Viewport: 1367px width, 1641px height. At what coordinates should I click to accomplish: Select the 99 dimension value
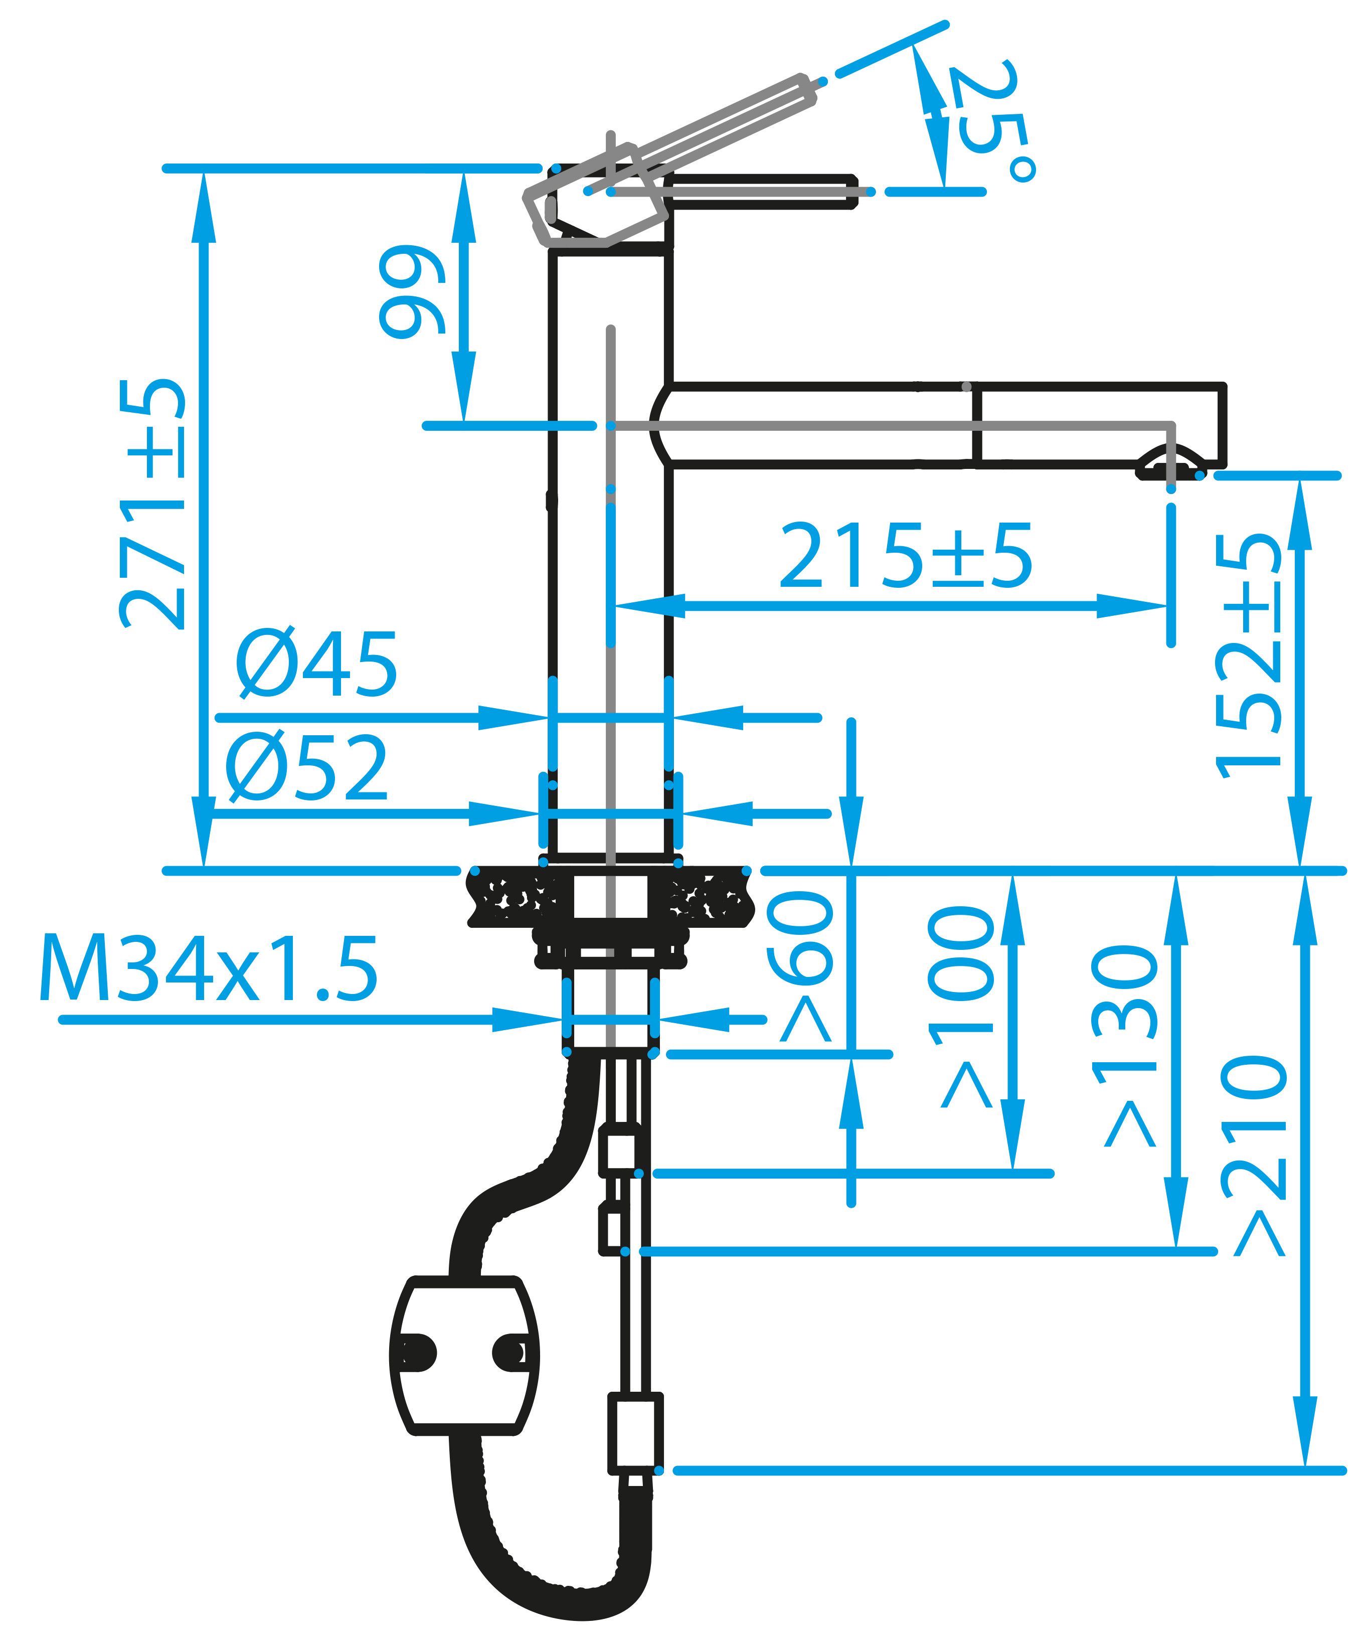coord(412,293)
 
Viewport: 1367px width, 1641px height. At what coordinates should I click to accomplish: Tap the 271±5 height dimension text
coord(154,504)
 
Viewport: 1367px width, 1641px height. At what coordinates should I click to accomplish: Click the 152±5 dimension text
coord(1248,657)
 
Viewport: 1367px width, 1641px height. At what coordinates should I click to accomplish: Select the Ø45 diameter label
coord(316,664)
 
